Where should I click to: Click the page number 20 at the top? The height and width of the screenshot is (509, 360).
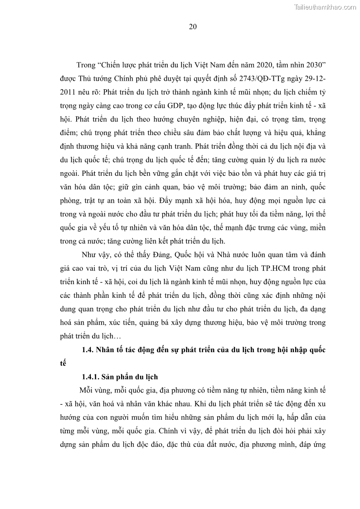pos(192,27)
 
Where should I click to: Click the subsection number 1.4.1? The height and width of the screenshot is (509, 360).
pos(91,377)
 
